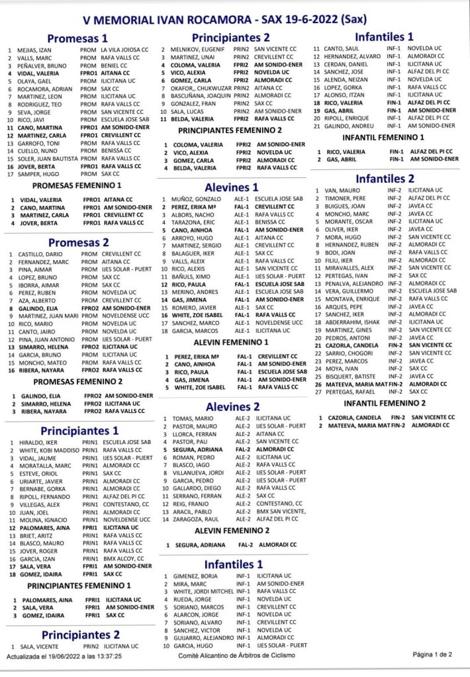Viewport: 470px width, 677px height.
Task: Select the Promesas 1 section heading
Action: pos(77,39)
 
